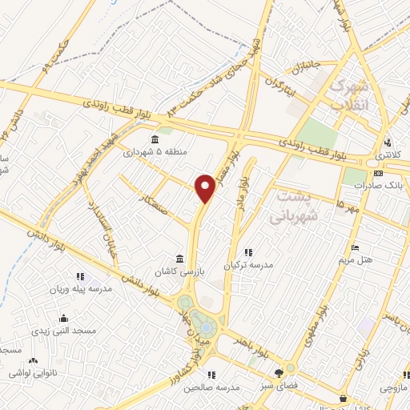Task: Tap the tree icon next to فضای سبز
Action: tap(279, 372)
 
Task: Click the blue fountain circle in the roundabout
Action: tap(207, 328)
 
